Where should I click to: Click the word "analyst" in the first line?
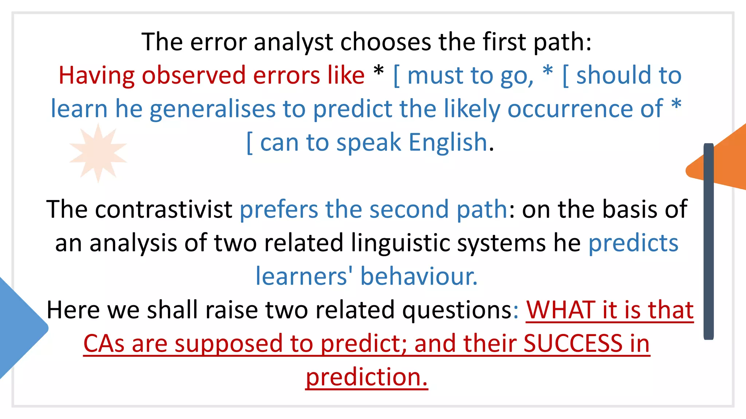293,42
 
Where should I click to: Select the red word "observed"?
193,76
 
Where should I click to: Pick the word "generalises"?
212,109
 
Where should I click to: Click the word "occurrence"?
585,109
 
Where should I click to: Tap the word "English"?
448,143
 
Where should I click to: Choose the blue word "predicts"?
633,243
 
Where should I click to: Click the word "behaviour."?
419,277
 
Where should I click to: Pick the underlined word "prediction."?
366,377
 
